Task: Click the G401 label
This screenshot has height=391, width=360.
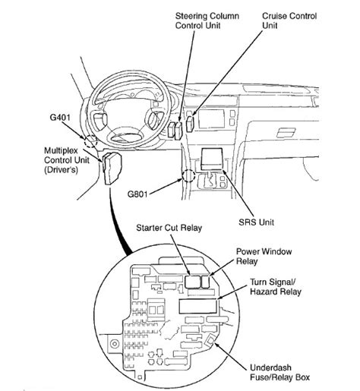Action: coord(60,118)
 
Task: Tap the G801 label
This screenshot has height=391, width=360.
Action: coord(137,194)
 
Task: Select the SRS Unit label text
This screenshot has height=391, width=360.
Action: coord(256,222)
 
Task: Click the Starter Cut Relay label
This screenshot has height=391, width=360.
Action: coord(169,228)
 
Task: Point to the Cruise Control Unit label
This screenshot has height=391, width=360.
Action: coord(289,20)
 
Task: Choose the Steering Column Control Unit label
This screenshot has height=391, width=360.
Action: coord(207,20)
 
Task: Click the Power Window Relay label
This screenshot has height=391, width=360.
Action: coord(264,257)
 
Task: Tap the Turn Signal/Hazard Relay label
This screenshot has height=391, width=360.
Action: coord(276,287)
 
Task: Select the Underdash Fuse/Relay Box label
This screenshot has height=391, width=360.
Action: coord(279,372)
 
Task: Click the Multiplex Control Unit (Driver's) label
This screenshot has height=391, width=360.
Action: coord(67,160)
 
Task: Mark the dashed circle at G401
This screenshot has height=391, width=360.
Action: coord(91,141)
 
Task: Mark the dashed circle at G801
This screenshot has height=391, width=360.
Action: coord(188,175)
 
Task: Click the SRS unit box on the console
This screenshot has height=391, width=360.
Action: coord(212,159)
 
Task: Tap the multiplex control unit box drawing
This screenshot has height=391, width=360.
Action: coord(112,169)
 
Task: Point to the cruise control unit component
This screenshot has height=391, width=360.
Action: coord(190,123)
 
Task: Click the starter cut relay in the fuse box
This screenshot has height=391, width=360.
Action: coord(193,282)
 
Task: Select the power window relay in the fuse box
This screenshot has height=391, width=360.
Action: coord(205,282)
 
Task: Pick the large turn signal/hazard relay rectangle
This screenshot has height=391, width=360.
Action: coord(198,306)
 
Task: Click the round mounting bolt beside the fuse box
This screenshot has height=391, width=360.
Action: coord(115,344)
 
